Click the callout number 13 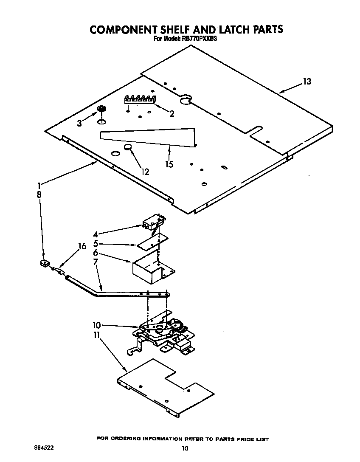[307, 82]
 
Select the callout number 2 [172, 113]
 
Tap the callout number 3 [79, 123]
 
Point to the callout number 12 [145, 172]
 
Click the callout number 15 [169, 164]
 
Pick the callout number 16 [82, 246]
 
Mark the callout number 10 [97, 325]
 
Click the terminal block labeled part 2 [139, 99]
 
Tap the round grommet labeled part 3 [101, 110]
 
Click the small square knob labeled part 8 [43, 264]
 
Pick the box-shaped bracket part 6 [153, 270]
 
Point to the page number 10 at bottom [184, 448]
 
